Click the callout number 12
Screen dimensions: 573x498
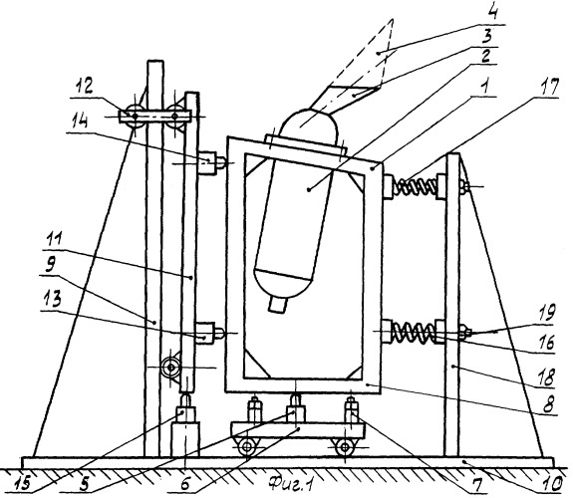point(83,88)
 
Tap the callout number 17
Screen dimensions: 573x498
point(548,89)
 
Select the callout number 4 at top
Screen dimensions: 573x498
point(492,15)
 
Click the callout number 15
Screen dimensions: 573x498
point(24,484)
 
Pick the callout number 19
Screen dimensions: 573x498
point(546,314)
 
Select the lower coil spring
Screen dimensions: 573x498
point(413,332)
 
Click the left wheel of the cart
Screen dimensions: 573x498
point(248,446)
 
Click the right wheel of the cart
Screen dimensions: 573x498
point(345,446)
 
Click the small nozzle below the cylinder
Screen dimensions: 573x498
point(278,305)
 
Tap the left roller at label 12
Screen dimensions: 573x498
point(135,116)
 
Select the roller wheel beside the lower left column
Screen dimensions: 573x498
point(171,368)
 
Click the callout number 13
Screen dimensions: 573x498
point(51,301)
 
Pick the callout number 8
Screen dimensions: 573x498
point(547,404)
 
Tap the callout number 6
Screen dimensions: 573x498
point(185,484)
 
